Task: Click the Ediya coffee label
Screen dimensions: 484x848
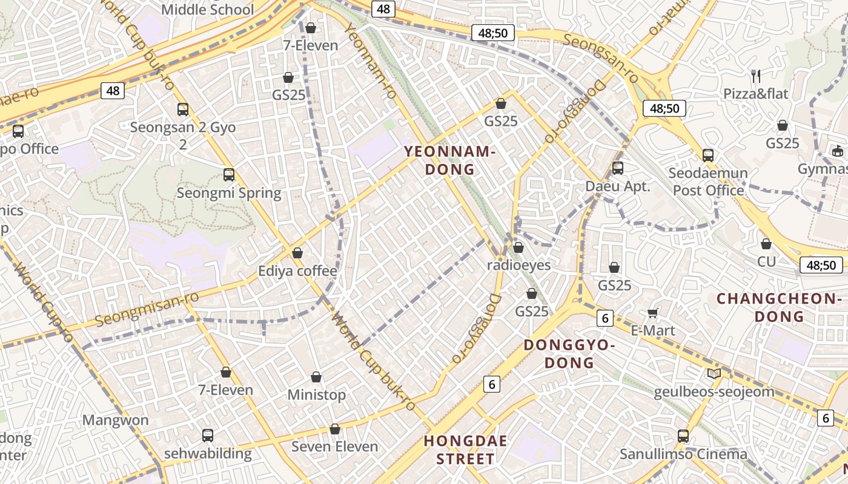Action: point(297,270)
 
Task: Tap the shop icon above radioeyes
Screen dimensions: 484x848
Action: point(518,247)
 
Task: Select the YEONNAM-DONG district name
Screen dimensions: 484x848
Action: point(449,160)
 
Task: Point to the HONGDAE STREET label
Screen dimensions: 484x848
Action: point(465,450)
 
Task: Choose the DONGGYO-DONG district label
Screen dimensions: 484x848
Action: point(569,354)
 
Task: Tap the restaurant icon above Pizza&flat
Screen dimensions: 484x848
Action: point(755,76)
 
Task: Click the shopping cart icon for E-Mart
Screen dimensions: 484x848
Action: point(652,313)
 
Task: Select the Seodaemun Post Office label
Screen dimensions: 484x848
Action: point(708,181)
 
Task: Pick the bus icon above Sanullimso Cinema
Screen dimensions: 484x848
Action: point(683,436)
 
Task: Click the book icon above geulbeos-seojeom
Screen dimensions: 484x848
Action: point(714,373)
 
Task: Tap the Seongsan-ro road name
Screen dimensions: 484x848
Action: point(600,59)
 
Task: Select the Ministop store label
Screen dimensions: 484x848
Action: point(316,395)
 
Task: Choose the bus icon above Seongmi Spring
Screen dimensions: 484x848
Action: point(228,175)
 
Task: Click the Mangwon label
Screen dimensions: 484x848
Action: point(115,420)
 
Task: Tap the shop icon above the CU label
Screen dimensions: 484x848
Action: point(766,244)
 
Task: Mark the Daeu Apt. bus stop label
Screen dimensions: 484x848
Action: point(617,186)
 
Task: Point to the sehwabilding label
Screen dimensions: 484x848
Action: point(208,453)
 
